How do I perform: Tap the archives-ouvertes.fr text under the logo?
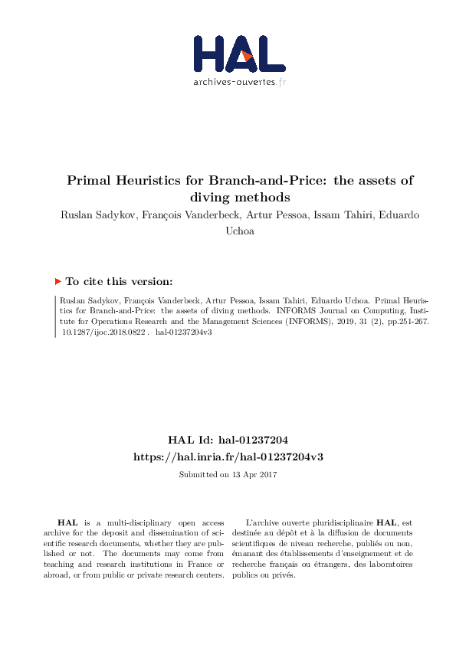point(240,82)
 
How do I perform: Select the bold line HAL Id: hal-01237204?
point(228,440)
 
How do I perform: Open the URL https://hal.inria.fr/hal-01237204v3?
point(228,456)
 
